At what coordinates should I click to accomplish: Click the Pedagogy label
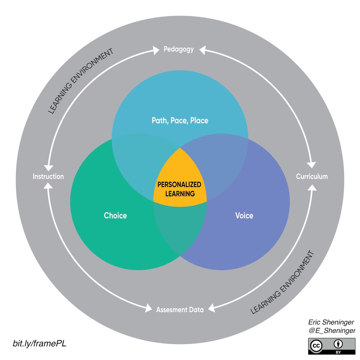[x=178, y=49]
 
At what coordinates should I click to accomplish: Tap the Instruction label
[x=48, y=176]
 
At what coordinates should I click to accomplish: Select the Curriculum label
[x=312, y=176]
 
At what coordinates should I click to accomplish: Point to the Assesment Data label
[x=180, y=310]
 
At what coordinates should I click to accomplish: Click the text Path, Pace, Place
[x=180, y=121]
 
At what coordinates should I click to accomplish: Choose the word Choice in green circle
[x=115, y=215]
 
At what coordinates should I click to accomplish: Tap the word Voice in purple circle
[x=244, y=215]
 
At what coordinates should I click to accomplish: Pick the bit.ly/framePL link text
[x=39, y=343]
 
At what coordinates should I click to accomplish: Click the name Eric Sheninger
[x=331, y=322]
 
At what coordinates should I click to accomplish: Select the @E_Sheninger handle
[x=331, y=331]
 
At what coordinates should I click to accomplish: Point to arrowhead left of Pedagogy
[x=156, y=50]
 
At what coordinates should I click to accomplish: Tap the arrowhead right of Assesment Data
[x=211, y=308]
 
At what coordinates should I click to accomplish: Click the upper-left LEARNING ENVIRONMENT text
[x=81, y=81]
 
